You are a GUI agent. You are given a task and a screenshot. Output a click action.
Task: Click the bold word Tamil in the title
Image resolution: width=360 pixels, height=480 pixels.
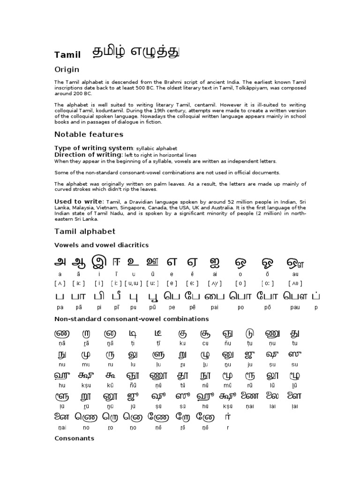tap(67, 55)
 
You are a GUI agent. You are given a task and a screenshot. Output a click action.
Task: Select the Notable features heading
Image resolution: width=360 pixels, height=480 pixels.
tap(89, 135)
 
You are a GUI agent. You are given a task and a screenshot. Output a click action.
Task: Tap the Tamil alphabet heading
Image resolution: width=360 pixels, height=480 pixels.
tap(84, 232)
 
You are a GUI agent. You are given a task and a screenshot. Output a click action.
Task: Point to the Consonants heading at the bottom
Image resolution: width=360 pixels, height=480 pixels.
tap(74, 438)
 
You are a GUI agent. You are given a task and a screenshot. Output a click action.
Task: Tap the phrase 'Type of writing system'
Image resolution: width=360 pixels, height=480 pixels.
tap(94, 148)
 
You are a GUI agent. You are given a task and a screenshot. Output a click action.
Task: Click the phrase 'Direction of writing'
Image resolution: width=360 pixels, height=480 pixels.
tap(88, 155)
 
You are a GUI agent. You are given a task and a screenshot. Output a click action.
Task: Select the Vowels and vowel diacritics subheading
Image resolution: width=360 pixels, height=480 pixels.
tap(101, 245)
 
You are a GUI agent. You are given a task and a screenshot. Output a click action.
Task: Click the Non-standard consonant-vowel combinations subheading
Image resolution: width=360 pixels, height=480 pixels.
tap(131, 319)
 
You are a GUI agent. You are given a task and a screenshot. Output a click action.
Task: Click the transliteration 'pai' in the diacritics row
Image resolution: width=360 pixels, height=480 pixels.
tap(214, 307)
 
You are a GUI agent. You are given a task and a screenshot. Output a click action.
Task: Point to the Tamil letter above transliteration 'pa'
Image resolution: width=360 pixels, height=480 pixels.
tap(60, 296)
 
